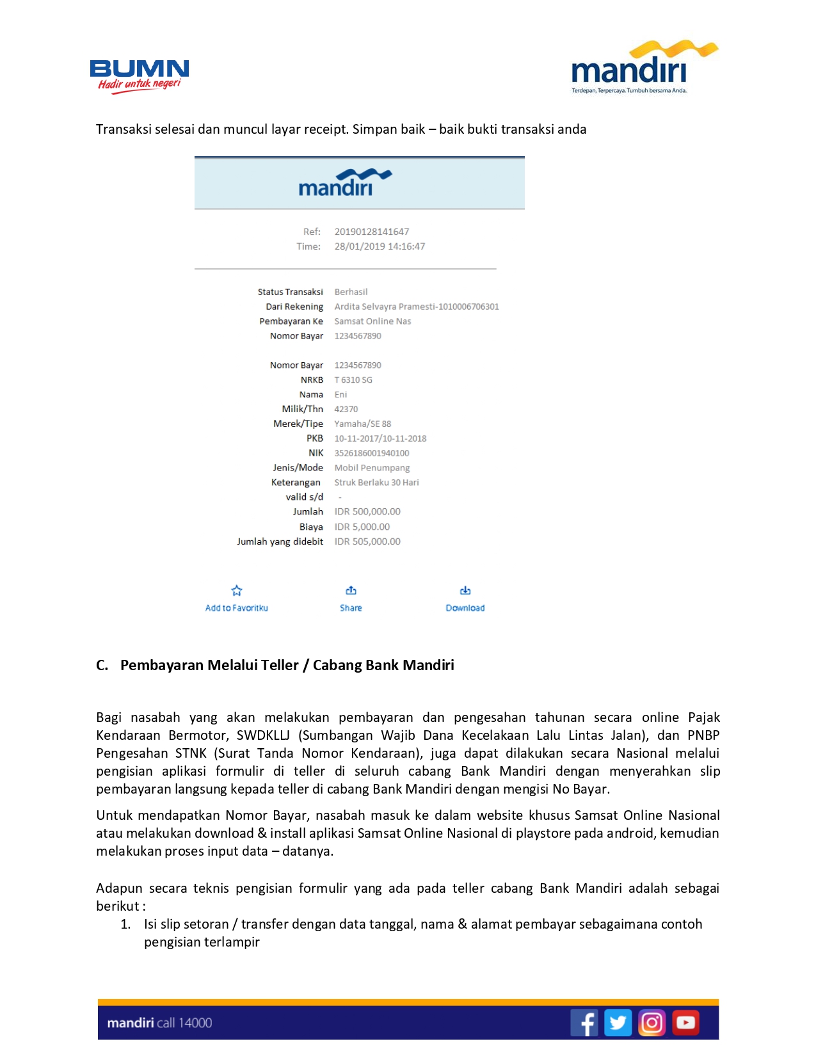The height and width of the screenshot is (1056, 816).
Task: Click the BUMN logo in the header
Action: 140,76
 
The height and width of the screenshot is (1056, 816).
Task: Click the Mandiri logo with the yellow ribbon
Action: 643,68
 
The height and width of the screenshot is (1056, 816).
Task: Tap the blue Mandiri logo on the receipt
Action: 344,183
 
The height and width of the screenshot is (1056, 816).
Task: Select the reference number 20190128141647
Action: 371,232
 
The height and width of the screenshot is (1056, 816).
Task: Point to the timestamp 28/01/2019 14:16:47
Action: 380,246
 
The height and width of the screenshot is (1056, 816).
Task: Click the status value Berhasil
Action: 351,292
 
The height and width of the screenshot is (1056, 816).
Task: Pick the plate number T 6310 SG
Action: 353,380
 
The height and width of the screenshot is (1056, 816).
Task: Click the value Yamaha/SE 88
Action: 362,424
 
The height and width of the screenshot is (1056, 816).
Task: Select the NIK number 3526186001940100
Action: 371,453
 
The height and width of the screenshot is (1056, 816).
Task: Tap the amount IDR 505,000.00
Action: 367,541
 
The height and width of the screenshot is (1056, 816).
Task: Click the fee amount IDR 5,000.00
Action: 362,527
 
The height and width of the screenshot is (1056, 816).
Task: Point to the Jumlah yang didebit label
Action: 280,541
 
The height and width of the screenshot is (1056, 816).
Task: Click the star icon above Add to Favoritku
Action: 237,591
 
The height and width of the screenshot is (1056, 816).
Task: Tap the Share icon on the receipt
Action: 351,590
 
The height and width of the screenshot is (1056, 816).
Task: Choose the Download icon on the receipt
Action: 465,590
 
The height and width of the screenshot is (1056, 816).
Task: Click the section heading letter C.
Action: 102,666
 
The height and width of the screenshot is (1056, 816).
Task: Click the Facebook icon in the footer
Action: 584,1023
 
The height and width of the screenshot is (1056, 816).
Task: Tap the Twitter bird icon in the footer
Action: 618,1023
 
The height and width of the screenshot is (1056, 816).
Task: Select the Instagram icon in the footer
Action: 652,1023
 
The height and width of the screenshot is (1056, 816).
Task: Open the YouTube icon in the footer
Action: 685,1023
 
